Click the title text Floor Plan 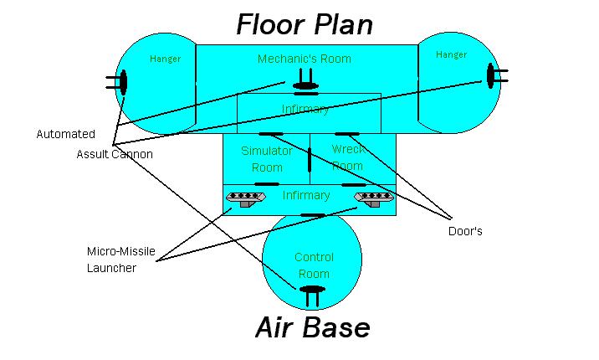(305, 24)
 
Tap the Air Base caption (312, 327)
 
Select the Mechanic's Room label (304, 59)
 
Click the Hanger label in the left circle (165, 59)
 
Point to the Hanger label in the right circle (451, 54)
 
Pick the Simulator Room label (266, 159)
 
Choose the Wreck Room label (347, 157)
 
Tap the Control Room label (313, 265)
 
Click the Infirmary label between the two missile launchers (305, 195)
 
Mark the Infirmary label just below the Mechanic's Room (305, 109)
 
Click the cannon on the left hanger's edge (121, 82)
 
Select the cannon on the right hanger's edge (492, 76)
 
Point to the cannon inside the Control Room (312, 292)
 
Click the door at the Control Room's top (312, 215)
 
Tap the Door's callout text (465, 232)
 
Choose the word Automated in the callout (65, 134)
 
